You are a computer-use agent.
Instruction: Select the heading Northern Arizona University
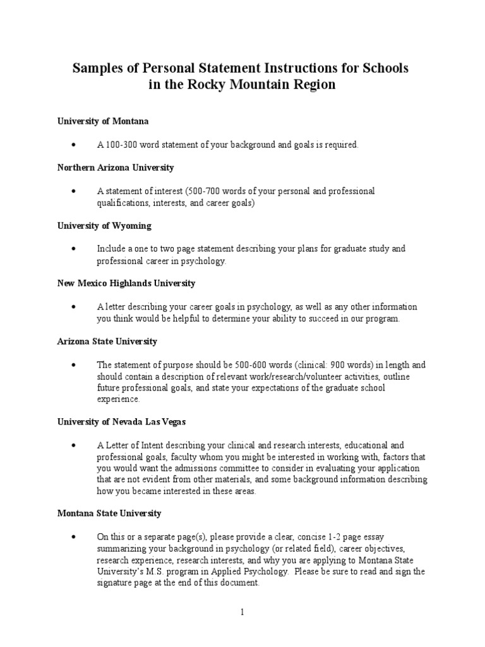[116, 167]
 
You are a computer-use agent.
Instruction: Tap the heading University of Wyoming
[104, 226]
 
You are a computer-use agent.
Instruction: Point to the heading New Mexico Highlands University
[126, 283]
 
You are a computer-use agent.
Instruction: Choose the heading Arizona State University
[107, 341]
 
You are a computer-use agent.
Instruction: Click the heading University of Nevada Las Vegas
[121, 421]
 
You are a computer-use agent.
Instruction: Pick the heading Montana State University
[109, 513]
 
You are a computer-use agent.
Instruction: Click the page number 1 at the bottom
[242, 612]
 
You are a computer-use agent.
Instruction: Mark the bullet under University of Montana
[74, 145]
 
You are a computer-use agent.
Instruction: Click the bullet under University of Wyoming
[74, 249]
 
